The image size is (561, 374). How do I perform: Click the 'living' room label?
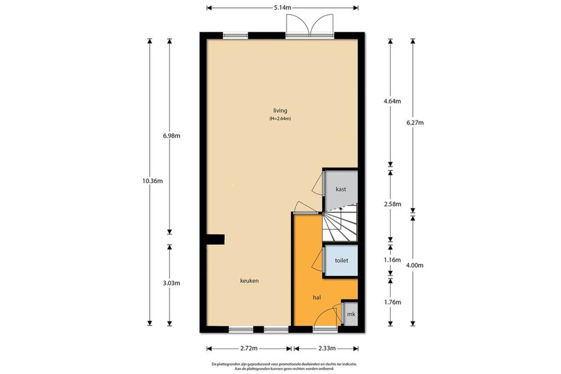pyautogui.click(x=280, y=111)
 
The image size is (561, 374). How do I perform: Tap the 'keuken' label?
pyautogui.click(x=249, y=281)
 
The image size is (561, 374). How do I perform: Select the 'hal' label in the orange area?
pyautogui.click(x=317, y=297)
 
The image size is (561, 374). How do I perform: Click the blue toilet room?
pyautogui.click(x=341, y=260)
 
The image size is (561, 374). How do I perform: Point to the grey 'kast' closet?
pyautogui.click(x=341, y=187)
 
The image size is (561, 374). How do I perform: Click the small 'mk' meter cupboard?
pyautogui.click(x=351, y=314)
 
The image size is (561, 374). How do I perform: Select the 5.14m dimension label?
pyautogui.click(x=283, y=8)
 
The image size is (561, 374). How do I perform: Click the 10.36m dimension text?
pyautogui.click(x=152, y=181)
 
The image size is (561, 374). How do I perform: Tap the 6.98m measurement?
pyautogui.click(x=171, y=136)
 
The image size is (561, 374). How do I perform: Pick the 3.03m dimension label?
pyautogui.click(x=171, y=283)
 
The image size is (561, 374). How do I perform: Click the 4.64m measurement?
pyautogui.click(x=392, y=101)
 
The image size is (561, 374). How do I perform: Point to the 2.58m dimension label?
pyautogui.click(x=392, y=204)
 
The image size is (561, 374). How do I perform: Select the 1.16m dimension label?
pyautogui.click(x=392, y=260)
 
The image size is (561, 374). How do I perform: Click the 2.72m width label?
pyautogui.click(x=249, y=348)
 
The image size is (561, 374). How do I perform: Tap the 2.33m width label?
pyautogui.click(x=327, y=348)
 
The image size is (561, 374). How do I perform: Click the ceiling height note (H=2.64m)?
pyautogui.click(x=280, y=119)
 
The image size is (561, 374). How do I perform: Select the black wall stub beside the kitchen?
pyautogui.click(x=215, y=240)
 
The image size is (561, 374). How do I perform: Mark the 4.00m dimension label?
pyautogui.click(x=415, y=265)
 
